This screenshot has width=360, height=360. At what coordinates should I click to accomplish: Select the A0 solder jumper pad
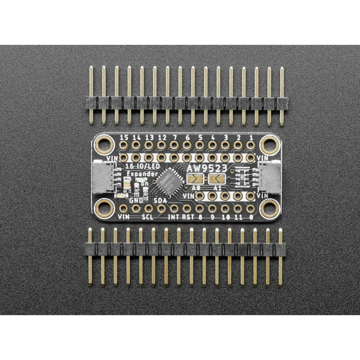(x=195, y=178)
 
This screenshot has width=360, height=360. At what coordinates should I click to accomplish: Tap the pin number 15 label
(x=123, y=138)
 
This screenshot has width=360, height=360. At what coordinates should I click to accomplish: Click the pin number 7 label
(x=174, y=138)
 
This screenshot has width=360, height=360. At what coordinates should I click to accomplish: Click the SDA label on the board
(x=160, y=200)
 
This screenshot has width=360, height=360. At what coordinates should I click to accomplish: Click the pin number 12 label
(x=161, y=138)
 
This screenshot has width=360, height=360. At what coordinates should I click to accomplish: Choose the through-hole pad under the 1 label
(x=250, y=146)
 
